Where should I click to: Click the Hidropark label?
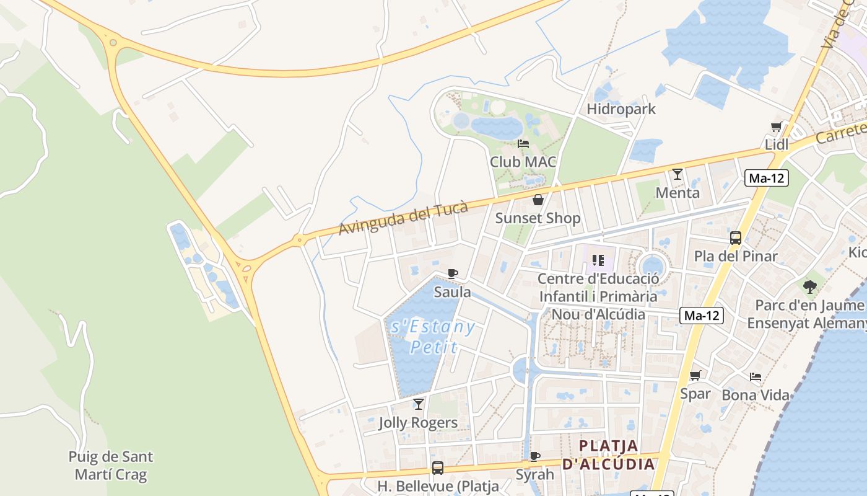tap(621, 109)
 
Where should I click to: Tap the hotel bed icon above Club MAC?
tap(523, 144)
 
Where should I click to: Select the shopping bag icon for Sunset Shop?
tap(538, 200)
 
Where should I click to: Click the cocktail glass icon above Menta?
tap(677, 174)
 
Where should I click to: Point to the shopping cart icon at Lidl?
tap(777, 126)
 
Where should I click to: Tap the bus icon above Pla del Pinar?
tap(736, 237)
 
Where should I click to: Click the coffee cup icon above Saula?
tap(453, 273)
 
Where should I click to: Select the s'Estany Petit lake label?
tap(434, 336)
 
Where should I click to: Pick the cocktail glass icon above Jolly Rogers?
tap(419, 404)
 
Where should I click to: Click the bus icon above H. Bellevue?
tap(438, 467)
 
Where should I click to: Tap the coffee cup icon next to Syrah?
tap(536, 456)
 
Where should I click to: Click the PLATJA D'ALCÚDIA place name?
tap(609, 454)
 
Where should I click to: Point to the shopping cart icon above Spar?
tap(695, 375)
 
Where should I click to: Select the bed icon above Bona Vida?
tap(756, 376)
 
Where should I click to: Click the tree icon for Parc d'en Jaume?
tap(809, 286)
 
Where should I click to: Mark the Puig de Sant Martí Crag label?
tap(111, 466)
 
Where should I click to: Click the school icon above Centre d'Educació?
tap(598, 260)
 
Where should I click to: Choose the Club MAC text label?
tap(523, 162)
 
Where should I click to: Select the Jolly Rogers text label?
tap(418, 423)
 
